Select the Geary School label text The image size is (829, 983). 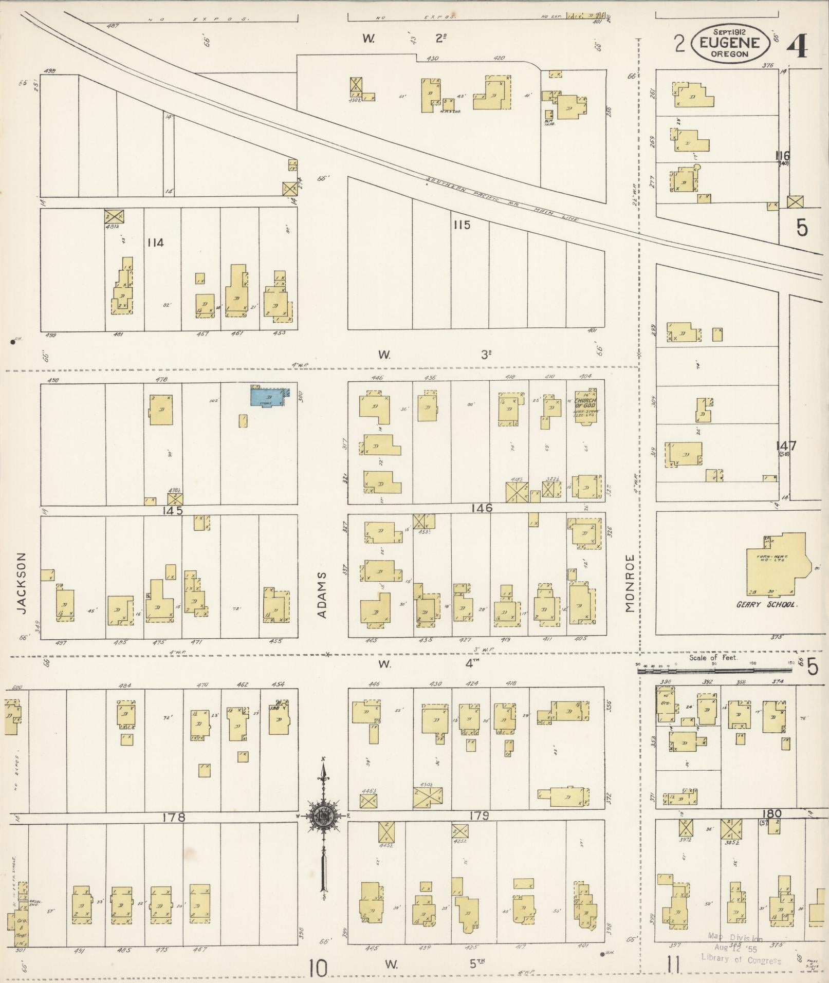pyautogui.click(x=766, y=605)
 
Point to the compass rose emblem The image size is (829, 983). pyautogui.click(x=324, y=815)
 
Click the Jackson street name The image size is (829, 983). pyautogui.click(x=21, y=583)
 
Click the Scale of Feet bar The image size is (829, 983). pyautogui.click(x=714, y=670)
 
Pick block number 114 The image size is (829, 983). pyautogui.click(x=155, y=243)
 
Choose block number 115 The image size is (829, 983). pyautogui.click(x=462, y=225)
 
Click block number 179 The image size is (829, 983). pyautogui.click(x=478, y=815)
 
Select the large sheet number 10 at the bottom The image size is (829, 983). pyautogui.click(x=318, y=969)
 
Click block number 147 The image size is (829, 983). pyautogui.click(x=786, y=446)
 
